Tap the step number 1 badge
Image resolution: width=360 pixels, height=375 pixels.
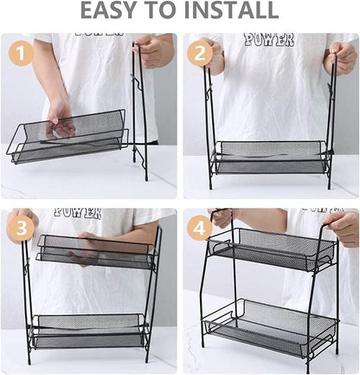coord(21,53)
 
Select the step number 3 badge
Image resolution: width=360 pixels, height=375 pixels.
coord(21,228)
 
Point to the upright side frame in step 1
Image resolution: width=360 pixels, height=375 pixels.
coord(138,113)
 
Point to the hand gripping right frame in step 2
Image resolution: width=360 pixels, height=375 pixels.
coord(341,58)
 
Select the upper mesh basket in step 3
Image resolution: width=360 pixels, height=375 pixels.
coord(91,250)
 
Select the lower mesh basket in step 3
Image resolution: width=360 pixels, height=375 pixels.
coord(87,331)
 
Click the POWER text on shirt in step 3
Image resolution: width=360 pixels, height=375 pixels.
coord(78,212)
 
